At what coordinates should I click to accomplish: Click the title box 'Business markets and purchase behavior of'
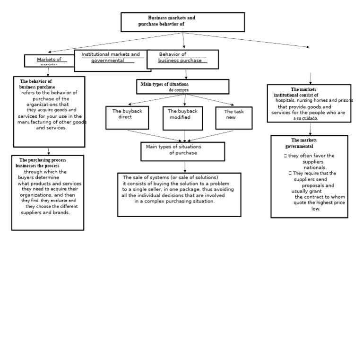pos(182,22)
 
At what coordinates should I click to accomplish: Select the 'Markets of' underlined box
pos(49,61)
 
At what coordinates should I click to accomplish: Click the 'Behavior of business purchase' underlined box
pos(182,59)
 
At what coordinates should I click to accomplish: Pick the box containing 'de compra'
pos(182,87)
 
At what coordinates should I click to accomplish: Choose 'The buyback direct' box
pos(127,117)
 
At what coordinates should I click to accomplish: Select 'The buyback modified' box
pos(182,118)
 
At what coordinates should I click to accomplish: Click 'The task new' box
pos(233,118)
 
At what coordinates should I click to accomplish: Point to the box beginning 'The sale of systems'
pos(179,194)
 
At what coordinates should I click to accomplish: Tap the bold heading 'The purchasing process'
pos(43,160)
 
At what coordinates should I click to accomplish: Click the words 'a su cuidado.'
pos(306,119)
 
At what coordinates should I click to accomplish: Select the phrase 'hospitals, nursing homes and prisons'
pos(314,101)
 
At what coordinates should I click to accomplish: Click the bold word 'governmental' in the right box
pos(299,147)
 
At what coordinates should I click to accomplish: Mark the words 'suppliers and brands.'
pos(45,213)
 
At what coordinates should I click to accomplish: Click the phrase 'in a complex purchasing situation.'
pos(174,201)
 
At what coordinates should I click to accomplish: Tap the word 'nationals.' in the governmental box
pos(315,167)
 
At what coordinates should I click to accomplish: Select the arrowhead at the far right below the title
pos(308,47)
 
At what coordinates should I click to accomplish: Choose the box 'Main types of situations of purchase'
pos(182,151)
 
